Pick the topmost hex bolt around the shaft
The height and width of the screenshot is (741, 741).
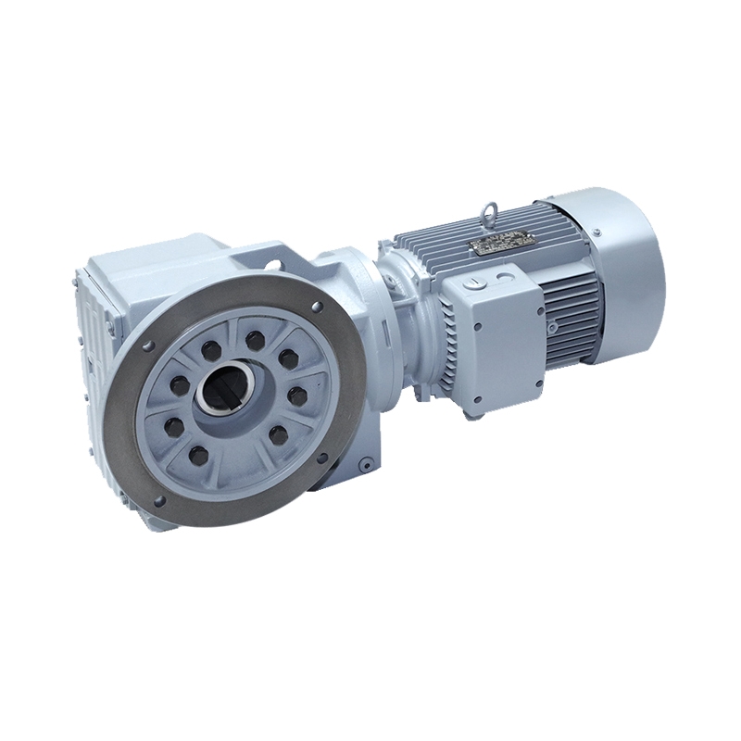(x=254, y=336)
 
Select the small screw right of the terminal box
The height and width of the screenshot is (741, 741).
(x=552, y=326)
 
